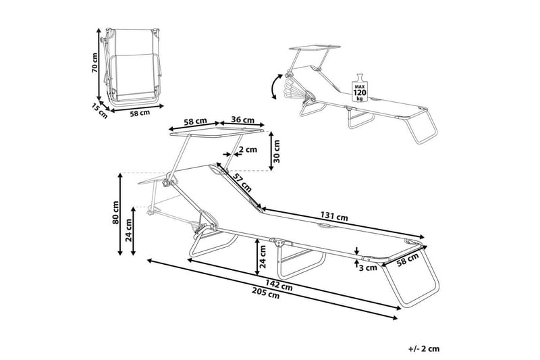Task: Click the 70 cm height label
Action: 96,64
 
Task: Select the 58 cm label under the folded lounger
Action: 140,113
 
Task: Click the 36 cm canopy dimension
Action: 241,119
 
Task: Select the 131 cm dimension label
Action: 333,217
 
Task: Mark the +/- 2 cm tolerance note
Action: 424,349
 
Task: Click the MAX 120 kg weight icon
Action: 360,86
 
